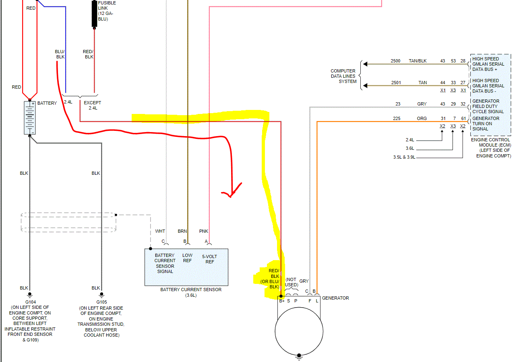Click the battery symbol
pos(30,118)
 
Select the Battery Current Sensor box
pos(186,267)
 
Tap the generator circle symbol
pos(299,331)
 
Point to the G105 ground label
pos(101,302)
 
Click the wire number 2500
pos(395,61)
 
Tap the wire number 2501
pos(395,83)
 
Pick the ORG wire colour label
pos(422,118)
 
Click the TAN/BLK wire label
pos(418,61)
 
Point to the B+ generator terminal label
pos(282,301)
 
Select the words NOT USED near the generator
pos(292,282)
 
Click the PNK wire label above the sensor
pos(204,231)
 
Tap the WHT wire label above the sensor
pos(160,231)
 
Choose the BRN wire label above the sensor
pos(182,231)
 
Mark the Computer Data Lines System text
pos(343,76)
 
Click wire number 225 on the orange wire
pos(397,118)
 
